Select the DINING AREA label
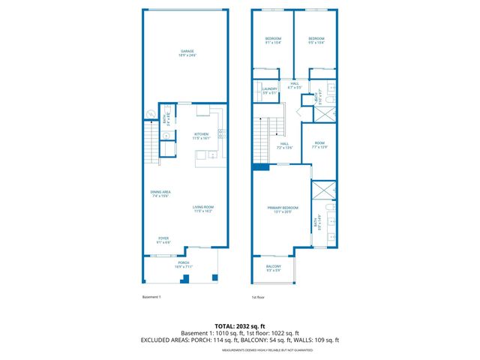point(161,193)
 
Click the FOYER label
point(163,240)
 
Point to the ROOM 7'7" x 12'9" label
point(319,145)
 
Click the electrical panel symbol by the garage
point(148,115)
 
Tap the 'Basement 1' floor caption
point(152,297)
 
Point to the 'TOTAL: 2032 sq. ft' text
point(239,326)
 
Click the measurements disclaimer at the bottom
point(239,347)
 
